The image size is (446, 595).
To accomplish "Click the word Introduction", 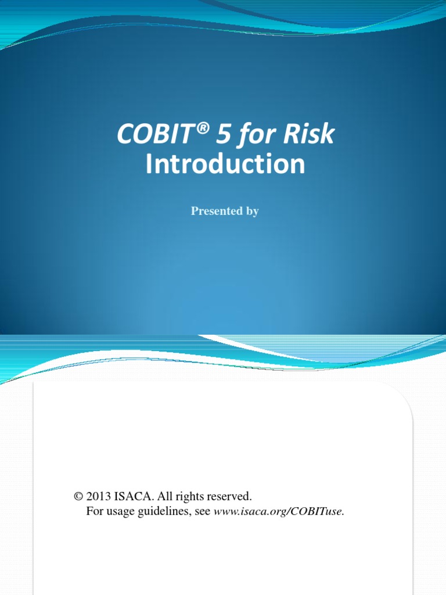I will (x=225, y=164).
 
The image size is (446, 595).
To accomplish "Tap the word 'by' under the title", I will (x=252, y=212).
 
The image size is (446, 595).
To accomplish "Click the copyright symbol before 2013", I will (x=78, y=497).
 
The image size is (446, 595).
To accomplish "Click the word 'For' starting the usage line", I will (x=95, y=512).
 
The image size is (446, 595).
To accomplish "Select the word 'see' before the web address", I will (x=203, y=512).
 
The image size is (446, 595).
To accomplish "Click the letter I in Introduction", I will (x=149, y=164).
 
